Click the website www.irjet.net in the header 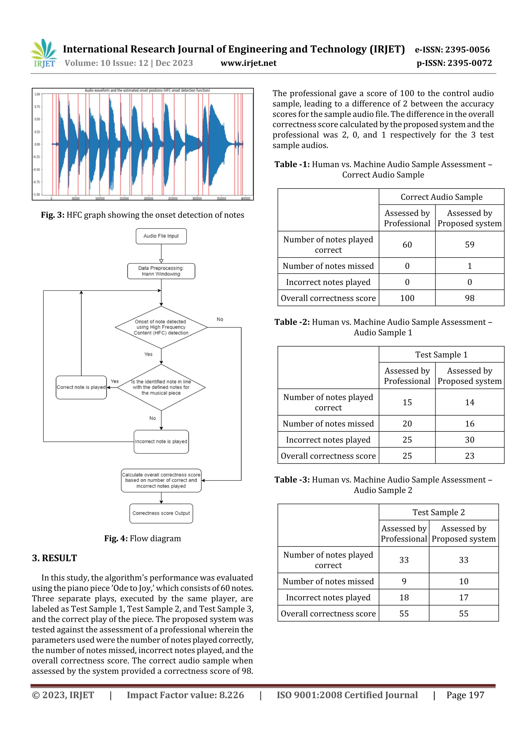click(248, 63)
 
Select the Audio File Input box click(161, 236)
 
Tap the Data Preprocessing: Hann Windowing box click(161, 271)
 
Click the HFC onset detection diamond click(161, 327)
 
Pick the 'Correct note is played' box click(81, 387)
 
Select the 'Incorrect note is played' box click(161, 441)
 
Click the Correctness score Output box click(161, 513)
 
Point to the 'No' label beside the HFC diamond click(220, 319)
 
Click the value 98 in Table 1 click(469, 298)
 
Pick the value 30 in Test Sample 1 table click(469, 440)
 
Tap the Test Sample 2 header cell click(438, 512)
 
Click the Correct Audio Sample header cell click(442, 197)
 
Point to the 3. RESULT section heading click(54, 558)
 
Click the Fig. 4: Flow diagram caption click(143, 539)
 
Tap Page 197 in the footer click(465, 695)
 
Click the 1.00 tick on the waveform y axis click(37, 94)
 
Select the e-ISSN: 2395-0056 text click(452, 50)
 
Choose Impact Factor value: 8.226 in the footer click(185, 695)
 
